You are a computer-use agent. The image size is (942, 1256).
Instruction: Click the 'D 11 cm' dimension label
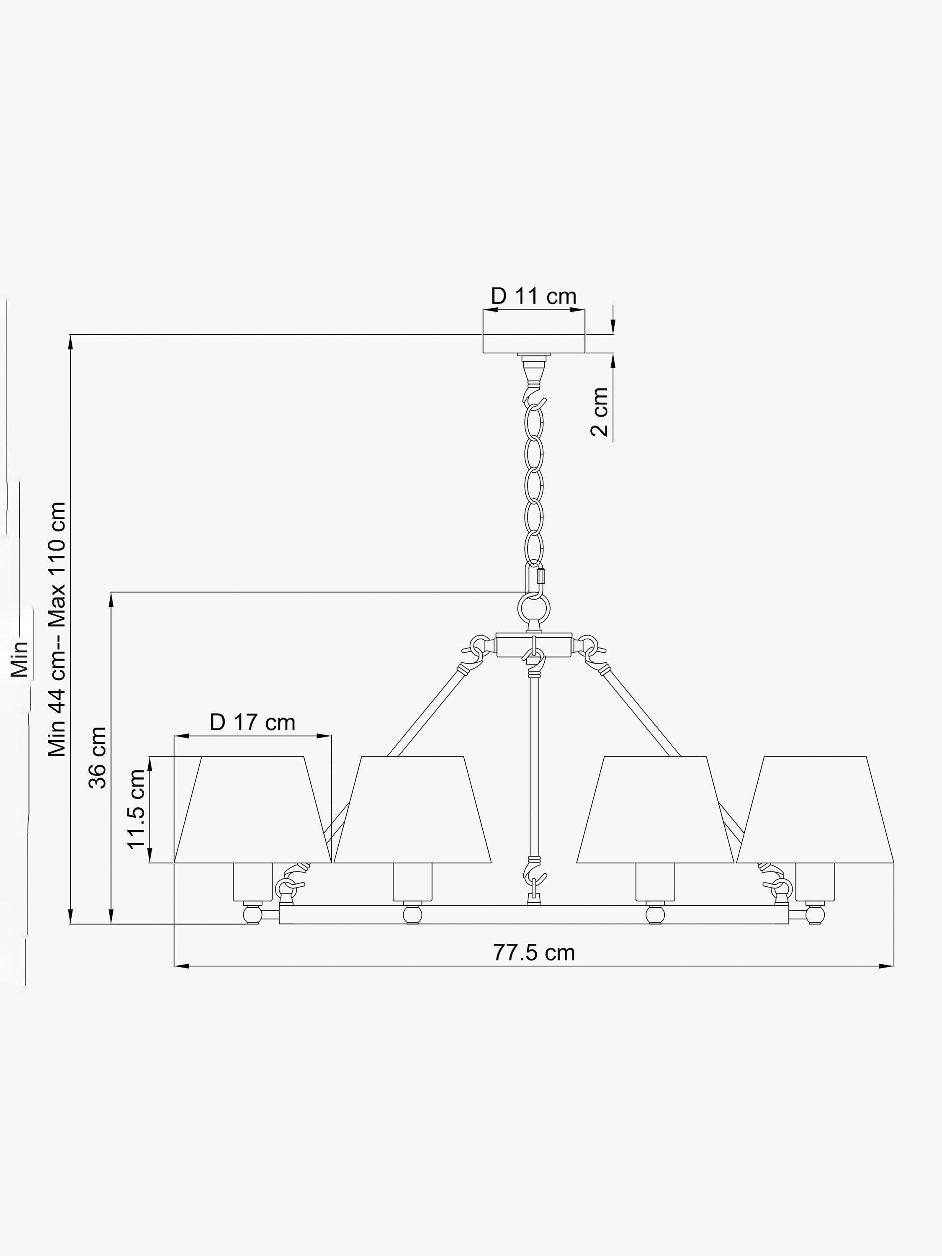click(x=533, y=296)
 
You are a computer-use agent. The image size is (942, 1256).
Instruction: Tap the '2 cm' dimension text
click(x=600, y=412)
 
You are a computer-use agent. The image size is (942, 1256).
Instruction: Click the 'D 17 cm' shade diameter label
click(x=252, y=723)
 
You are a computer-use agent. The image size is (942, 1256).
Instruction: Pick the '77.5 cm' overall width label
click(x=534, y=952)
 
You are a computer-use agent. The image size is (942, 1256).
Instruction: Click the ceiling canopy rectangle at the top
click(x=534, y=344)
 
